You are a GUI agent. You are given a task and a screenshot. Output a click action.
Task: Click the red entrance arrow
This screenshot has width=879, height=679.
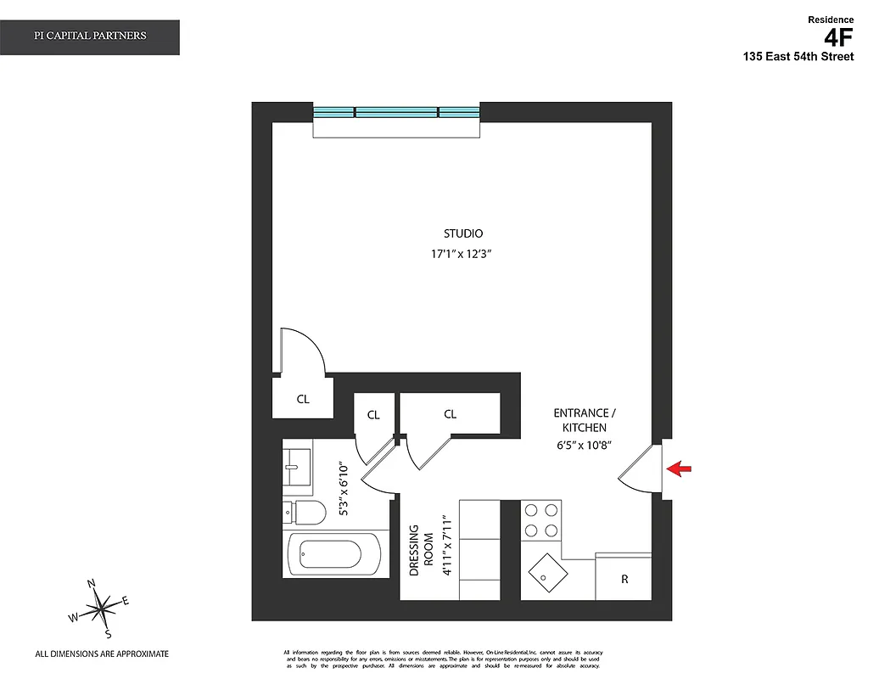pyautogui.click(x=680, y=468)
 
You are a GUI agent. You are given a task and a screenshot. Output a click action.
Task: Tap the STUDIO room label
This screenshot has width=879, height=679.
pyautogui.click(x=463, y=233)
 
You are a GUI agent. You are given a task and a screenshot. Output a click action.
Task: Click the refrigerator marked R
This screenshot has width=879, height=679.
pyautogui.click(x=624, y=579)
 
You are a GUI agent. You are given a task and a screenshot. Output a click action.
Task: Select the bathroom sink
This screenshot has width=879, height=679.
pyautogui.click(x=297, y=466)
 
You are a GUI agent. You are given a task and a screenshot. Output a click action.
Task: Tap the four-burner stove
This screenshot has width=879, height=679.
pyautogui.click(x=541, y=521)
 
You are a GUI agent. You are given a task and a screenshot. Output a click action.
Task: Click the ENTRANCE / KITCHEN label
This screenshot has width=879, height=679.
pyautogui.click(x=585, y=420)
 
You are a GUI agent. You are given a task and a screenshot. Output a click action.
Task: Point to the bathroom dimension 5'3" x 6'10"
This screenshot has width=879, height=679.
pyautogui.click(x=344, y=490)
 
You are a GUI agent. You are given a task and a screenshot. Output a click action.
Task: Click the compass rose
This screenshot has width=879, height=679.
pyautogui.click(x=102, y=608)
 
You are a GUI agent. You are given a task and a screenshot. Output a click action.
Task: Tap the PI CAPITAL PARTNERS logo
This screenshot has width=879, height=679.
pyautogui.click(x=90, y=36)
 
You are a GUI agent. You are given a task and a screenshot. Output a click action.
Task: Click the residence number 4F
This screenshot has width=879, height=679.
pyautogui.click(x=838, y=36)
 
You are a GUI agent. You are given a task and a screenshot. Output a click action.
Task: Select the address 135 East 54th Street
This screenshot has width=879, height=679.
pyautogui.click(x=798, y=57)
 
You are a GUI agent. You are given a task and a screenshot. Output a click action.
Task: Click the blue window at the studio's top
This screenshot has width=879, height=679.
pyautogui.click(x=396, y=112)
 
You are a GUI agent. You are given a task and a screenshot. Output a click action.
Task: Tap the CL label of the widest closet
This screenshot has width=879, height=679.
pyautogui.click(x=450, y=414)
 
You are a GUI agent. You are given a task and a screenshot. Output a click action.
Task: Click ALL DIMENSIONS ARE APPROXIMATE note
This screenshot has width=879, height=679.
pyautogui.click(x=102, y=654)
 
